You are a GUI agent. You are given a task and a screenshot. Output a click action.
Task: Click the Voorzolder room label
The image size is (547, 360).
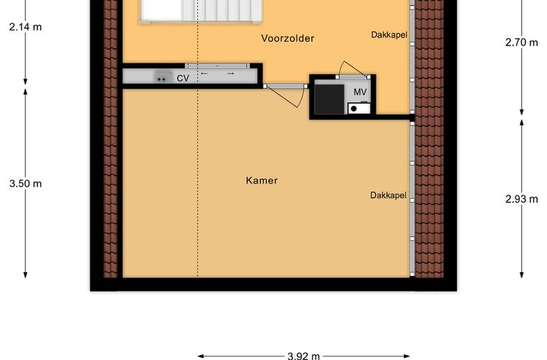(287, 38)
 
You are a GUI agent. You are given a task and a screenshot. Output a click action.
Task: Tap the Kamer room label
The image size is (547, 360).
(262, 180)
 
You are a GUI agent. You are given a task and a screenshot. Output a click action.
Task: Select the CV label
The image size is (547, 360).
(183, 78)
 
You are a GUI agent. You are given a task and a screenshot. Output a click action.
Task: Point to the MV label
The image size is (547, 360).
(360, 92)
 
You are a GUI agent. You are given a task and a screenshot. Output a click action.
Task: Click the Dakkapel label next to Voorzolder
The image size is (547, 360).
(389, 35)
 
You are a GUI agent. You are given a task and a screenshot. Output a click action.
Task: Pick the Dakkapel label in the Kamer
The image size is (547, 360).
(388, 195)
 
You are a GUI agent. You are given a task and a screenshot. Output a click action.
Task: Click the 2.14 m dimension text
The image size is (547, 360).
(25, 27)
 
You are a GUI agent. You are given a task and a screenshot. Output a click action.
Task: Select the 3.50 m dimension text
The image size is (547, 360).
(25, 184)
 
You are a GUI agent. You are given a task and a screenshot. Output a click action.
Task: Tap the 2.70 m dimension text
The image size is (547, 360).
(522, 42)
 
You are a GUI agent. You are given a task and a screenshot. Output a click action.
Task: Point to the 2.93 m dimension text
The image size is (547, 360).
(522, 199)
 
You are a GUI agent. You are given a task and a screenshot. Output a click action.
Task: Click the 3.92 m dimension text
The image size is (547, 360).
(304, 356)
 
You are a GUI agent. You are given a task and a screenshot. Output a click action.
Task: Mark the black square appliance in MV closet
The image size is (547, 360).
(330, 99)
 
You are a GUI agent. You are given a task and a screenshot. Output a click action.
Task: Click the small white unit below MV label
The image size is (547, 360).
(359, 108)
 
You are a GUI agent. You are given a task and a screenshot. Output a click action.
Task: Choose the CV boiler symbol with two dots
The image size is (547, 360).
(163, 77)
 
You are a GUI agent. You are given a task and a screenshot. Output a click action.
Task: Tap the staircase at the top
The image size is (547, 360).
(201, 12)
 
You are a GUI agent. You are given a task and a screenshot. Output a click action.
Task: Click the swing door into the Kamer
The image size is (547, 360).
(286, 95)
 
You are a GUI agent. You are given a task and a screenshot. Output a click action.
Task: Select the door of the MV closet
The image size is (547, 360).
(353, 71)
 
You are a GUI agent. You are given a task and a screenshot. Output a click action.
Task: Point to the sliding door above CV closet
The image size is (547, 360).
(217, 66)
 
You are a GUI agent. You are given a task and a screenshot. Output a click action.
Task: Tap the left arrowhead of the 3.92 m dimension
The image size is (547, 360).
(200, 356)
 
